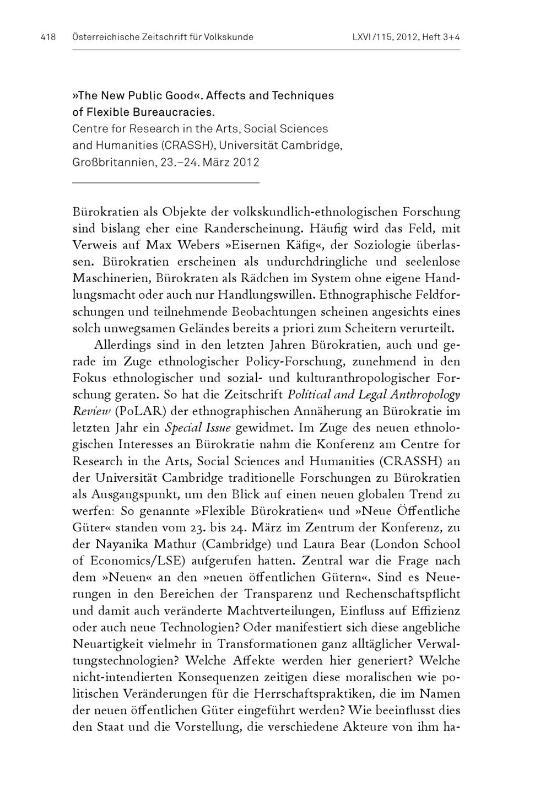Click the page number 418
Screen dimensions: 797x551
point(48,37)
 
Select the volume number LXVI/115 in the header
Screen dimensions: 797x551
point(371,37)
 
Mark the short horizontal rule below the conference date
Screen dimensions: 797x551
point(165,182)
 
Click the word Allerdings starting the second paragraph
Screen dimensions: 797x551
point(120,345)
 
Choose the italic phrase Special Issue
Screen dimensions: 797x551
point(191,428)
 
